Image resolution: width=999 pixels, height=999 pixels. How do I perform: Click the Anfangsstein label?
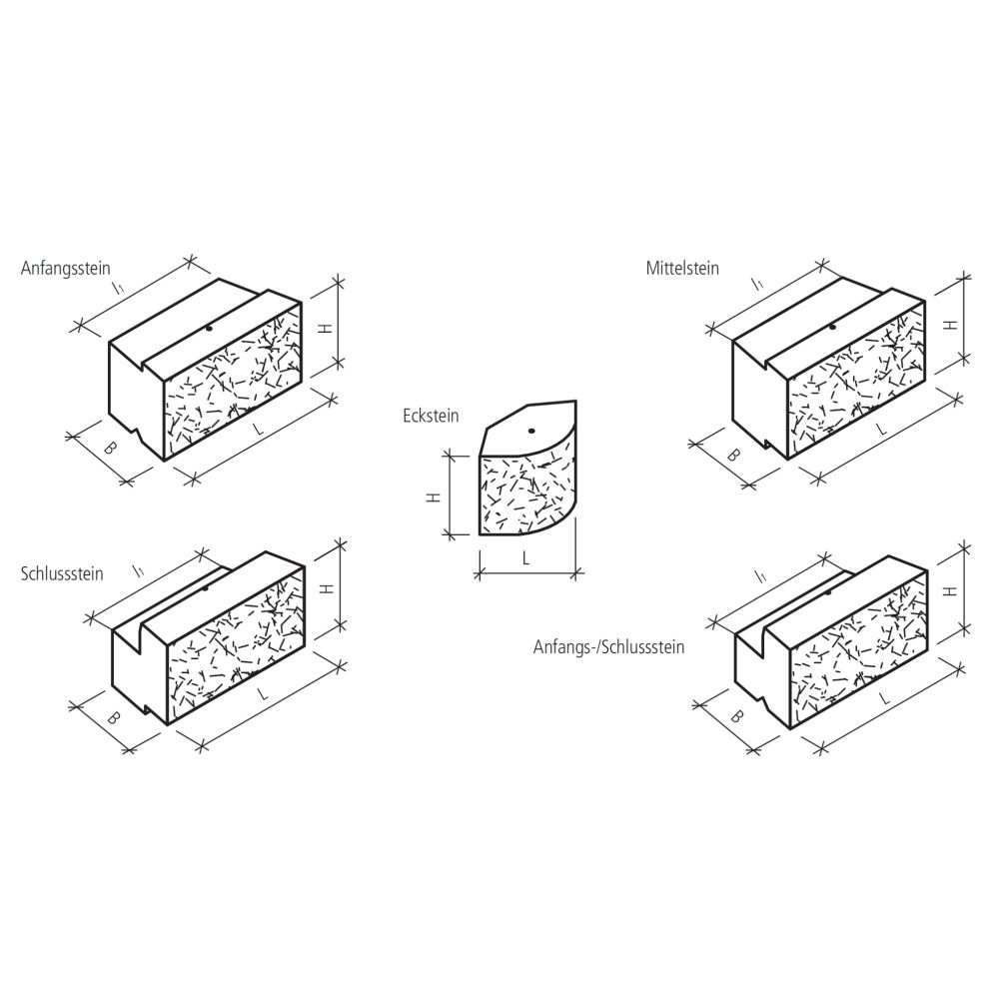(66, 268)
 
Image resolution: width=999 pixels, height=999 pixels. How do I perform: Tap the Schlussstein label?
(62, 573)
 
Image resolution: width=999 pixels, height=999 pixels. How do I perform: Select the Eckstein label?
(431, 416)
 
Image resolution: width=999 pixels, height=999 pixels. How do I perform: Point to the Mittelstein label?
(682, 268)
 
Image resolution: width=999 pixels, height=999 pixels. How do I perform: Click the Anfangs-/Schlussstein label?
(609, 647)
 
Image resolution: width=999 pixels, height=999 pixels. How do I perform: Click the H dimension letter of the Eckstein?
(434, 497)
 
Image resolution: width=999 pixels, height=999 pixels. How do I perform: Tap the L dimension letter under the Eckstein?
(525, 558)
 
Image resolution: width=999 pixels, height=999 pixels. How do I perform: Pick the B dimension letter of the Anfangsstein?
(110, 448)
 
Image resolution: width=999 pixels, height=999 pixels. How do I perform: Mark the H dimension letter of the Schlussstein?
(328, 588)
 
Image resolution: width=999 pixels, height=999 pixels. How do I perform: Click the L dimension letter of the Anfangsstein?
(258, 429)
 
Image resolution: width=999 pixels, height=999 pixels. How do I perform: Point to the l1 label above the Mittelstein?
(757, 284)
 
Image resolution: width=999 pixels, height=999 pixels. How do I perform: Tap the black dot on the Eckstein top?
(530, 432)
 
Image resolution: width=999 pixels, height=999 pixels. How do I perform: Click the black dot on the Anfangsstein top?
(209, 329)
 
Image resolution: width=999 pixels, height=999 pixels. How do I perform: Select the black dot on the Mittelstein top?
(832, 327)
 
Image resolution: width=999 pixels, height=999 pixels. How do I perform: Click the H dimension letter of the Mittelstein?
(951, 325)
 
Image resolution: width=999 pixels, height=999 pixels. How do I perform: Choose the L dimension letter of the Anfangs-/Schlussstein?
(884, 699)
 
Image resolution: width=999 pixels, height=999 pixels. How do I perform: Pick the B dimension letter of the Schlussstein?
(113, 718)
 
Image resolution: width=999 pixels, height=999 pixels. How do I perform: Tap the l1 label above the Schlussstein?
(138, 570)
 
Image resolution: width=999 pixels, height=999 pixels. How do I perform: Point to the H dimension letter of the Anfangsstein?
(326, 329)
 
